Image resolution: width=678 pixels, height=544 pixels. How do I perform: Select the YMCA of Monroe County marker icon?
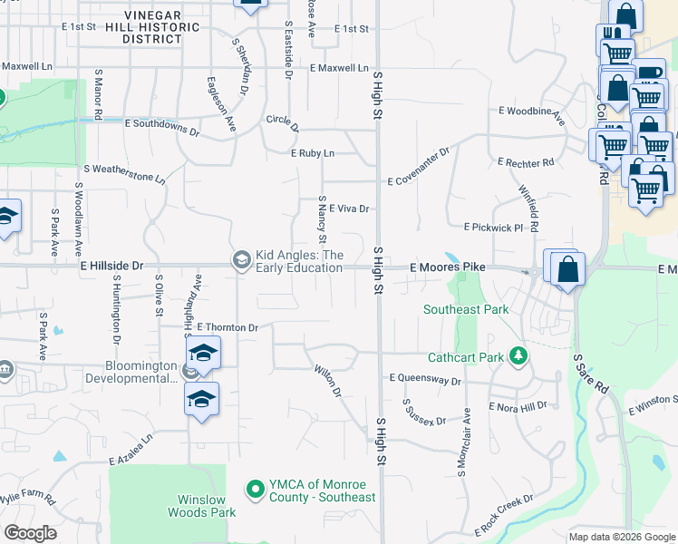click(x=255, y=491)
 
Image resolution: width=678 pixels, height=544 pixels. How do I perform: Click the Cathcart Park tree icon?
click(x=518, y=356)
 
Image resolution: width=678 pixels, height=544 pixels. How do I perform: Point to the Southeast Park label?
click(x=466, y=309)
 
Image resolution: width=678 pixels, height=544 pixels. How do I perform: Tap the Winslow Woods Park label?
click(x=202, y=506)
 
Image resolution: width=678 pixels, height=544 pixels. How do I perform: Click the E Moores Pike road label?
click(x=448, y=267)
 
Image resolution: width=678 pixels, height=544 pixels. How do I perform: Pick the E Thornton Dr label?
click(x=227, y=327)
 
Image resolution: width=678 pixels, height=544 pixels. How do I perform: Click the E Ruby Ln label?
click(x=313, y=153)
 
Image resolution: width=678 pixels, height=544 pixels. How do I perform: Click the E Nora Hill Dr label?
click(x=518, y=407)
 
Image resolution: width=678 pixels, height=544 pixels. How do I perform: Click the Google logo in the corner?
click(x=30, y=533)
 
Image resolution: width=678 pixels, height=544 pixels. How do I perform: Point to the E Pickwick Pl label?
click(x=493, y=227)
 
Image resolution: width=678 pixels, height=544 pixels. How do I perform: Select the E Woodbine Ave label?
click(x=532, y=115)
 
